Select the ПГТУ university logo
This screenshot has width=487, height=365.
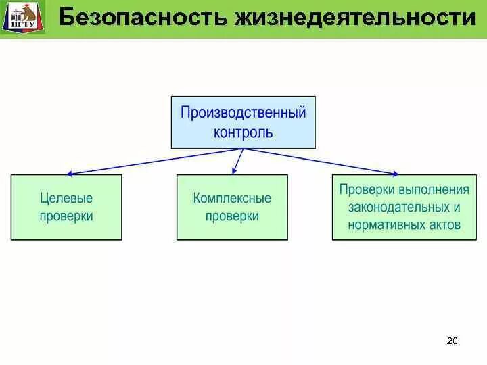coord(24,18)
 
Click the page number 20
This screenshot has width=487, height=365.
coord(453,341)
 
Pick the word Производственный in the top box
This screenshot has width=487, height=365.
coord(243,112)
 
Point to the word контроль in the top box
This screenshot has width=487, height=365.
coord(243,132)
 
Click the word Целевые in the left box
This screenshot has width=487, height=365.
coord(66,199)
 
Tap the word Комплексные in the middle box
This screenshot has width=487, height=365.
coord(232,199)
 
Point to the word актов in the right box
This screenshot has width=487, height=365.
coord(444,225)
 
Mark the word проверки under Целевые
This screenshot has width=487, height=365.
coord(66,216)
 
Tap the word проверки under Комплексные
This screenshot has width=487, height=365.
coord(232,216)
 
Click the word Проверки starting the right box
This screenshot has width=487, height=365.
coord(367,189)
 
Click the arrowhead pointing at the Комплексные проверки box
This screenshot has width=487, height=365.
coord(234,171)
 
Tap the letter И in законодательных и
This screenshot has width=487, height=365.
coord(457,208)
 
